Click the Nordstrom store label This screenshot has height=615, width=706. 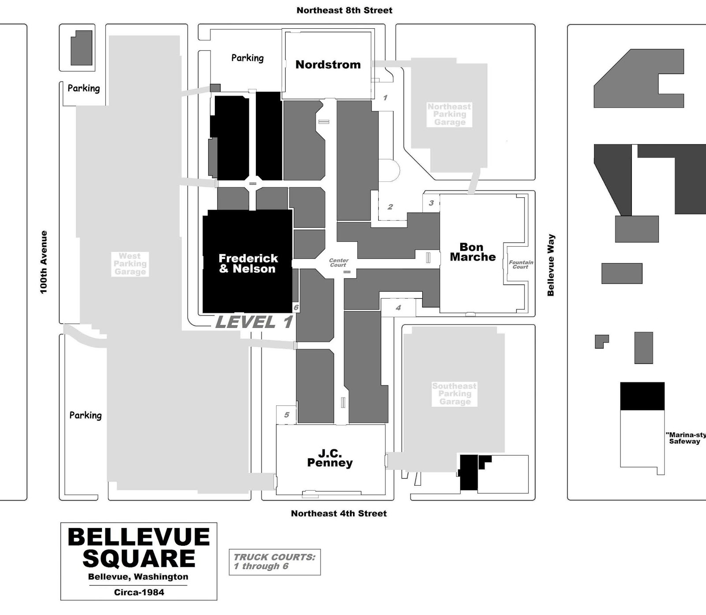tap(328, 65)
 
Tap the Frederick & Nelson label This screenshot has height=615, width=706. tap(248, 263)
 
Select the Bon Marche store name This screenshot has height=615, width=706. tap(472, 252)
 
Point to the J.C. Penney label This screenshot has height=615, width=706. tap(330, 458)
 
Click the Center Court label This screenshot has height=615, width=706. tap(338, 262)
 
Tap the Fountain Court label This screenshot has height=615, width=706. tap(521, 264)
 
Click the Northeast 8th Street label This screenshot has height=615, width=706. tap(344, 10)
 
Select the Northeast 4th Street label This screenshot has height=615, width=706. tap(338, 513)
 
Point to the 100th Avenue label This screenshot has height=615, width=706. tap(43, 262)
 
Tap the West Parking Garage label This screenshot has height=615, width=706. tap(130, 264)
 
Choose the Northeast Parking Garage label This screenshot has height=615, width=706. tap(449, 114)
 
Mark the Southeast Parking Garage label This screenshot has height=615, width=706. tap(454, 394)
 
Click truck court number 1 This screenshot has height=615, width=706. tap(385, 97)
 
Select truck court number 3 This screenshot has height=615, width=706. tap(431, 203)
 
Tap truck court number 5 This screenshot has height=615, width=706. tap(286, 415)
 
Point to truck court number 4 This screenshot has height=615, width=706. tap(398, 307)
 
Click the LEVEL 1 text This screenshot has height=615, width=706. tap(254, 322)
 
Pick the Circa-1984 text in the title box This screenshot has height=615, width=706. tap(139, 592)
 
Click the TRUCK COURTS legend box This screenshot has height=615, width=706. tap(274, 562)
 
